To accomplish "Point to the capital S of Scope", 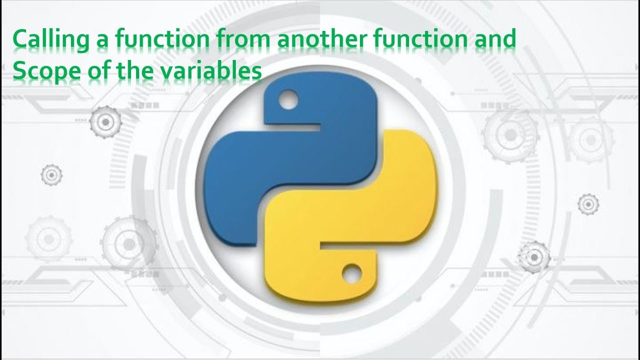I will coord(18,72).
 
